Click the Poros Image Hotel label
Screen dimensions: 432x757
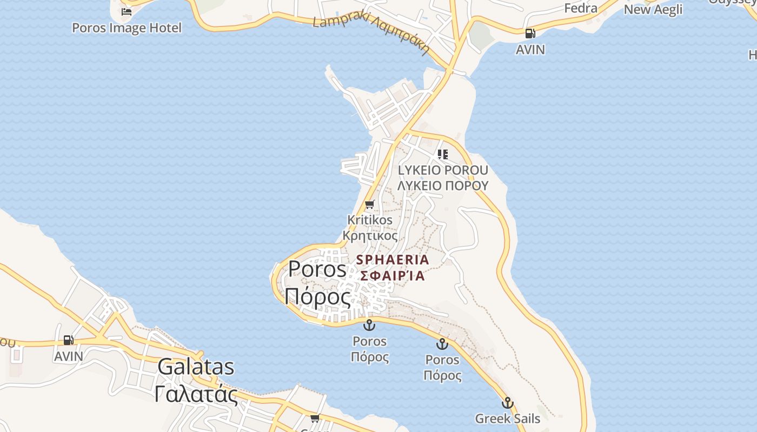127,28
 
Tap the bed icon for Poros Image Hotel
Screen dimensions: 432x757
127,11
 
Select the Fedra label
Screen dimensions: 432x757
580,8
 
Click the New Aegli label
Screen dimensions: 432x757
653,9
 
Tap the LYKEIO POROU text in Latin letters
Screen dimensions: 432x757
443,170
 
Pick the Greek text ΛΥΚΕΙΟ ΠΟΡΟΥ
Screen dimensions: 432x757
443,185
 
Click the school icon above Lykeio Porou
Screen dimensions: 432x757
443,154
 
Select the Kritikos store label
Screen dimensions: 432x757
370,220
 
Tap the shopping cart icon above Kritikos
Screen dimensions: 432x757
370,204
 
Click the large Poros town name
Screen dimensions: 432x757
317,268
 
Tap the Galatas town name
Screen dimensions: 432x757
196,367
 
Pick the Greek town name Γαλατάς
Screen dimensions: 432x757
196,394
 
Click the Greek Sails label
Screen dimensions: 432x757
507,418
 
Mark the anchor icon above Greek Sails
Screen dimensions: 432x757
507,403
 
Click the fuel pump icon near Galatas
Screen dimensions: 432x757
69,340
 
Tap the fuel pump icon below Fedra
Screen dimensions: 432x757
530,33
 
